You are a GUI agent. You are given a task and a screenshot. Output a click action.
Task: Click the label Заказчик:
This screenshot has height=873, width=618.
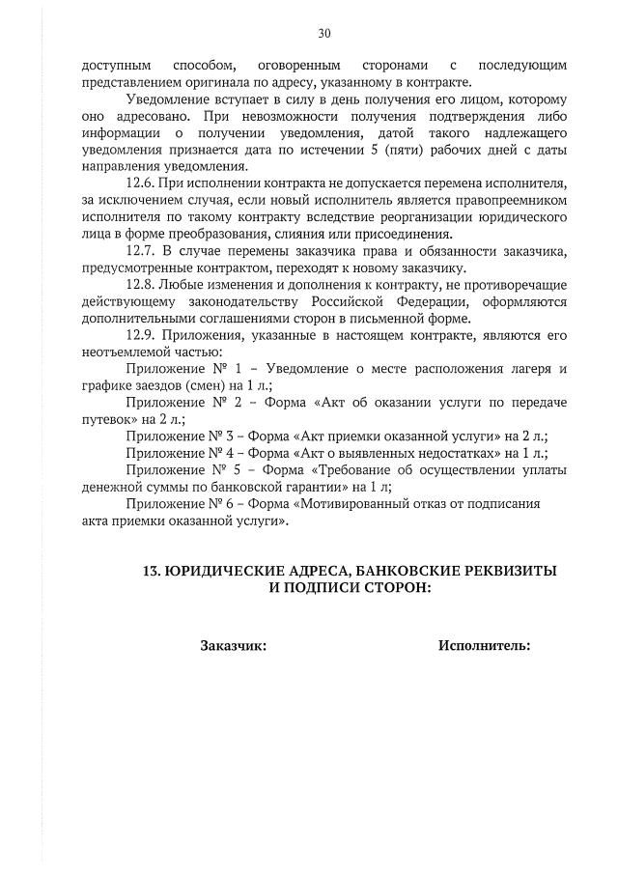click(234, 645)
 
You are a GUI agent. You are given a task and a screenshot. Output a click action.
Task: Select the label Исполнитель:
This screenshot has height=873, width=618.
click(484, 645)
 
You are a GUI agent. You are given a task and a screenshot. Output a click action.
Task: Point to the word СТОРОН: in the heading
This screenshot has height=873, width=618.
click(386, 587)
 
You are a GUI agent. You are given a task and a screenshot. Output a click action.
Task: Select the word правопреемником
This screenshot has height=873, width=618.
click(503, 200)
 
